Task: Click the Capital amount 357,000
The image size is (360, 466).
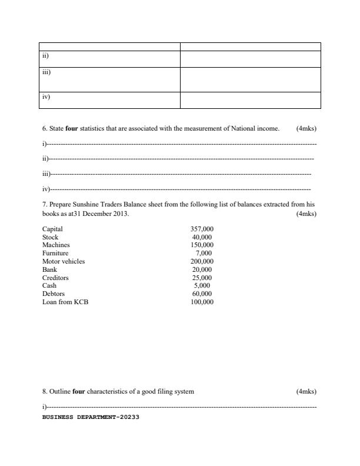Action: click(202, 229)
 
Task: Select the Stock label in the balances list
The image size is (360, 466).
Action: click(50, 237)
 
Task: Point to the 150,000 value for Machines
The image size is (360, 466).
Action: click(202, 245)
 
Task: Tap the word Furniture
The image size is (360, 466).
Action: click(55, 253)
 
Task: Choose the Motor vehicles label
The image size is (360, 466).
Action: click(64, 261)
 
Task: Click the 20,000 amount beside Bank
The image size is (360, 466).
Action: click(202, 269)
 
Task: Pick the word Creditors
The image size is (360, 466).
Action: click(55, 278)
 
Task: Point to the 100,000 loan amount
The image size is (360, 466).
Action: click(202, 302)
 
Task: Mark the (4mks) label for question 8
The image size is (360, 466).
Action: click(306, 391)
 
